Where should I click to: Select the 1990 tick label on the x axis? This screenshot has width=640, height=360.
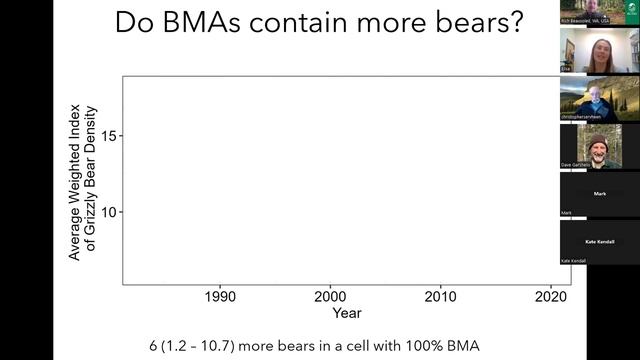coord(220,297)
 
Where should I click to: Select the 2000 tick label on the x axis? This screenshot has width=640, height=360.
coord(330,297)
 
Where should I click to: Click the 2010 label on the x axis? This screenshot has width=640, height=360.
coord(440,297)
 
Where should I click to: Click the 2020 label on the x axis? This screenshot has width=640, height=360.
coord(551,297)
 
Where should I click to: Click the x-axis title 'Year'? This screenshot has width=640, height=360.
coord(347,313)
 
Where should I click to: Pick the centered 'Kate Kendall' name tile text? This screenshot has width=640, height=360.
coord(599,241)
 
